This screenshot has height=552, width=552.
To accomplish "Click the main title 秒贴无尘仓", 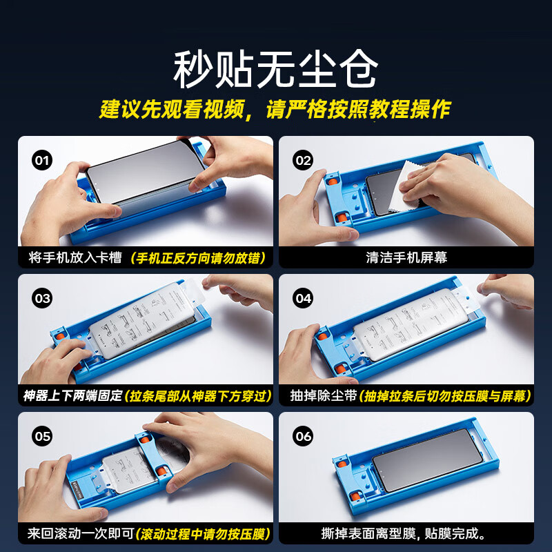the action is pos(275,69).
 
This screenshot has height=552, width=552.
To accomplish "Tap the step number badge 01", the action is pos(42,161).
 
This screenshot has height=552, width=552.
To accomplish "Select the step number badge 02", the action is pos(303,161).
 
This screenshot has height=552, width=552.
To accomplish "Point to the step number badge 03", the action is pos(42,299).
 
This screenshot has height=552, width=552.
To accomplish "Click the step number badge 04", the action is pos(303,299).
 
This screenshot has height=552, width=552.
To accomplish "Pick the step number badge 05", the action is pos(42,437).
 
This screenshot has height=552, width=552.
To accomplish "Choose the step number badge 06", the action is pos(303,437).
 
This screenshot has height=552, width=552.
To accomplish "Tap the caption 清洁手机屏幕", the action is pos(406,257).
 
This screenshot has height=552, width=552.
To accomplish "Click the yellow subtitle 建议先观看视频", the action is pos(172,109).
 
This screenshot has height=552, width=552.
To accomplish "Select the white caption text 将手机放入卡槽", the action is pos(75,257).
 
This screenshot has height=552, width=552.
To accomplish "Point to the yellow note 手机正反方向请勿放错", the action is pos(197,258).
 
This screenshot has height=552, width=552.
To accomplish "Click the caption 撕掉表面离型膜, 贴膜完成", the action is pos(404,533).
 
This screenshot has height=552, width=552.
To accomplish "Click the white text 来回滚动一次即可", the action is pos(81,533).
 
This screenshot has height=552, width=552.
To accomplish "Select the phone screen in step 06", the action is pos(428,460).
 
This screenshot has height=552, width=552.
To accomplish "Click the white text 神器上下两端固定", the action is pos(72,395).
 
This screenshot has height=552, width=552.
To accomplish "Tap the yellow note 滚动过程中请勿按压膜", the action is pos(202,534).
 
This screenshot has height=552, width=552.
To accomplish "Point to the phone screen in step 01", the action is pos(145,171).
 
